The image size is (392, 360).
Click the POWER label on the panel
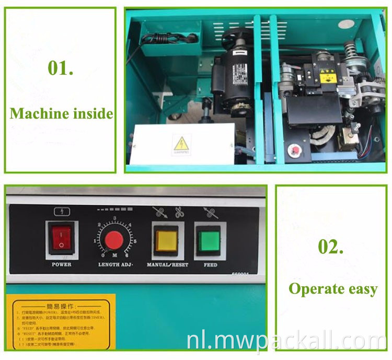(x=61, y=264)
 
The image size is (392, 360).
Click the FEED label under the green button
(x=210, y=264)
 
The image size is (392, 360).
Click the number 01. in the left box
(x=60, y=68)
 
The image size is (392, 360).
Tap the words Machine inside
(x=61, y=113)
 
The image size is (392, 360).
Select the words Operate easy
(x=333, y=288)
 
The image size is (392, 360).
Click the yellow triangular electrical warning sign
(x=181, y=143)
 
